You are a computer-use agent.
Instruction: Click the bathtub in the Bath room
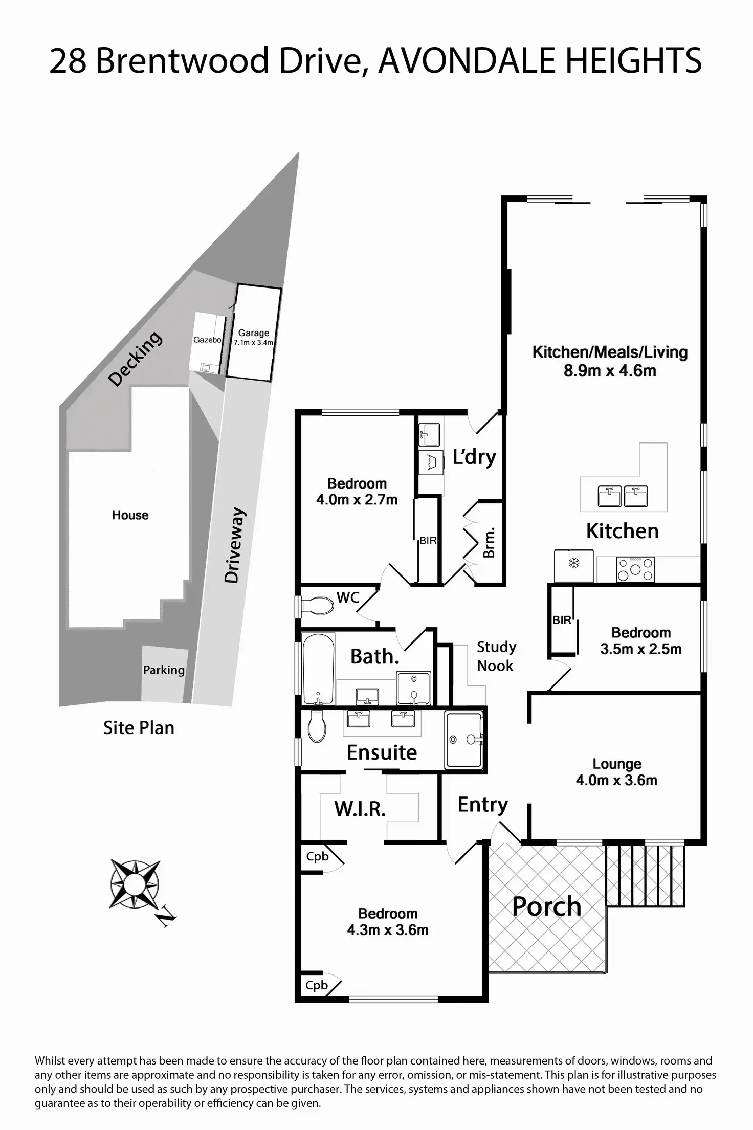[x=318, y=669]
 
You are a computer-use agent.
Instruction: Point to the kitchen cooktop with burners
[x=635, y=569]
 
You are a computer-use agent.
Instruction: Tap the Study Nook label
[x=496, y=656]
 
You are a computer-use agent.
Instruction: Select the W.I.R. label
[x=360, y=809]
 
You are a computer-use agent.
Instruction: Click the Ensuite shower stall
[x=463, y=739]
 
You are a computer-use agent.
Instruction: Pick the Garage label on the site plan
[x=254, y=333]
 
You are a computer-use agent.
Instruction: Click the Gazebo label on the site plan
[x=207, y=340]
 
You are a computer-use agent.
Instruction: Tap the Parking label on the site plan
[x=164, y=670]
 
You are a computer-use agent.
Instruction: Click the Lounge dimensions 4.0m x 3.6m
[x=616, y=780]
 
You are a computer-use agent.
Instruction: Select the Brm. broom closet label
[x=489, y=543]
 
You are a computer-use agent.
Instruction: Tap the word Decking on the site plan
[x=136, y=359]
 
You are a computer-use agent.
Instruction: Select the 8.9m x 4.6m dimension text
[x=610, y=370]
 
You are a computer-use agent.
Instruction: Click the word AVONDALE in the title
[x=467, y=60]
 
